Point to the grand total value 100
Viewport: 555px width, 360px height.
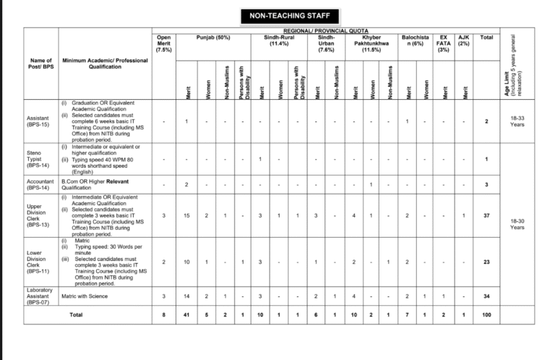coord(486,315)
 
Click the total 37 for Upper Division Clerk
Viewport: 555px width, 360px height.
coord(486,215)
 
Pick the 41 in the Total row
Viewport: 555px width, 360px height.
coord(186,315)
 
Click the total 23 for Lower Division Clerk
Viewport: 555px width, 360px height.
coord(486,261)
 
